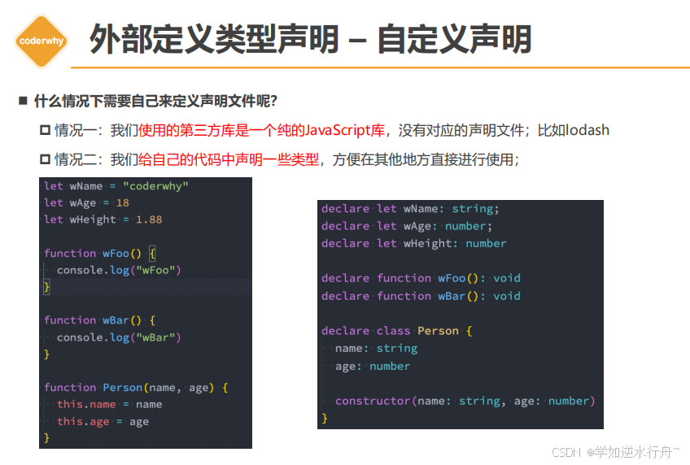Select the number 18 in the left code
(122, 202)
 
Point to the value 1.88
(149, 219)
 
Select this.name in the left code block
(86, 404)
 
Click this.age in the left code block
(83, 421)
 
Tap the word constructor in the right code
(373, 401)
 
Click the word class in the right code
(394, 331)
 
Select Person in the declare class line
(439, 331)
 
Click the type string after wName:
(472, 209)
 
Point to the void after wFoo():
(507, 278)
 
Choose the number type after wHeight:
(486, 243)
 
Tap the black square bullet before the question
(23, 101)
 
